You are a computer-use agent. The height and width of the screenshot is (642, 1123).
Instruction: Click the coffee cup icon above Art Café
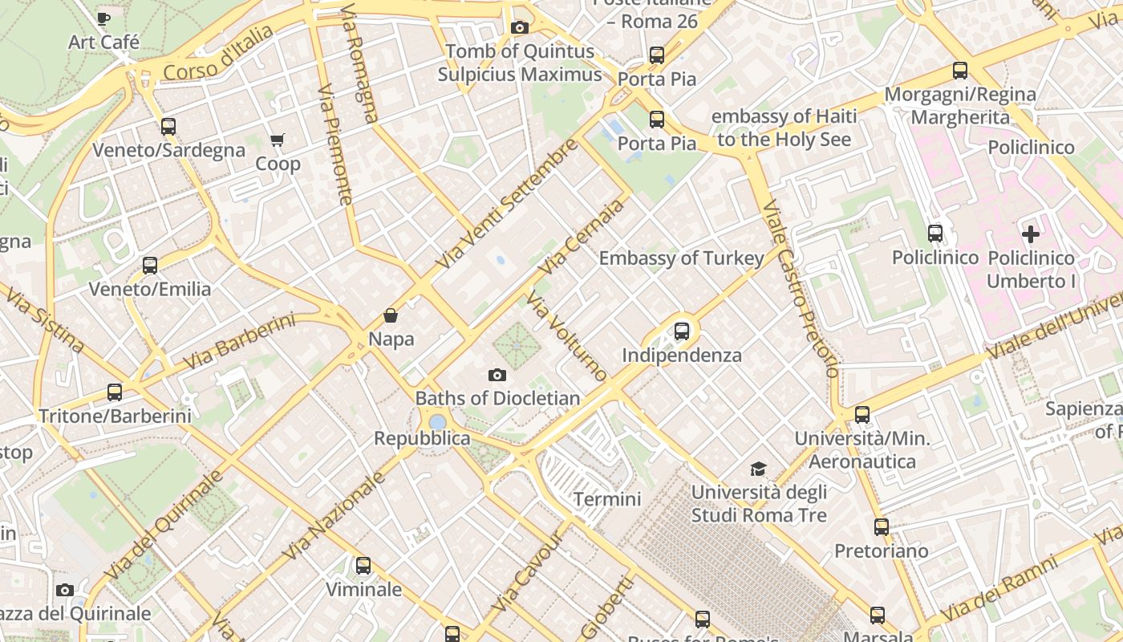pos(103,18)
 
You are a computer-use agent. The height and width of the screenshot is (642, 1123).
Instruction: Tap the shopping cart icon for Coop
pos(278,140)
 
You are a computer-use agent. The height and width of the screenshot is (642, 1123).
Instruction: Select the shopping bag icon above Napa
pos(391,315)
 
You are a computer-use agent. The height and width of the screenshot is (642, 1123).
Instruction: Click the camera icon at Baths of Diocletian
pos(497,375)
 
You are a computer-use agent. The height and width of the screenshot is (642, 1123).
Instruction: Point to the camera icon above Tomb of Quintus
pos(519,28)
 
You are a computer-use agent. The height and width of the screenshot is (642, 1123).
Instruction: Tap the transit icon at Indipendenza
pos(682,331)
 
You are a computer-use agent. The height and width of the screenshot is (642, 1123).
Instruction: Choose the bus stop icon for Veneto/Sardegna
pos(168,126)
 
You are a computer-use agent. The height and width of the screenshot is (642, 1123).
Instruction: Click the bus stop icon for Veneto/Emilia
pos(150,265)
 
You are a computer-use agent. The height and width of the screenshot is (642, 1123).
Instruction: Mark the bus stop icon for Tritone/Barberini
pos(115,392)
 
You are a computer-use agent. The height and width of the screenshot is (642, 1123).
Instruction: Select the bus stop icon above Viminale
pos(363,566)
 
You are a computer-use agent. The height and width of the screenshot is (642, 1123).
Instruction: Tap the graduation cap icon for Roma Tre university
pos(758,469)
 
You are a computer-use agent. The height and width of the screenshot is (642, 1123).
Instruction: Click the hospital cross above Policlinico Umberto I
pos(1031,234)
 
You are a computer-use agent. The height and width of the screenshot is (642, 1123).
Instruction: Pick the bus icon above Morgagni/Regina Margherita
pos(960,71)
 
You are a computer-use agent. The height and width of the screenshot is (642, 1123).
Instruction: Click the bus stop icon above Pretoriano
pos(882,527)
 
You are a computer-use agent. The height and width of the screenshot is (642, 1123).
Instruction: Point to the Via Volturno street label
pos(567,335)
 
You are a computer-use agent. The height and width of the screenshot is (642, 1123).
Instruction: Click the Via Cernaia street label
pos(581,237)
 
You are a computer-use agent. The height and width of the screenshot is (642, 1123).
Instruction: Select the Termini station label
pos(607,499)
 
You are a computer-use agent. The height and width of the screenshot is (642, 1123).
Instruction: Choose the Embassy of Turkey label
pos(681,258)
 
